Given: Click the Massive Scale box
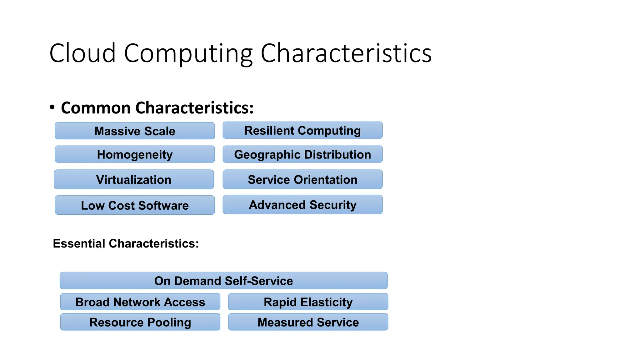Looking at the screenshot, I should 135,131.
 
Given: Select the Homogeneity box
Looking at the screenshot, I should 135,154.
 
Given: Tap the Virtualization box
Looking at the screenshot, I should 134,180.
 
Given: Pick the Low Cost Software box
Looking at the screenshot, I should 135,205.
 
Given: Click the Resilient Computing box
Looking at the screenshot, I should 302,130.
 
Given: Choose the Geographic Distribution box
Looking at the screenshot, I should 302,154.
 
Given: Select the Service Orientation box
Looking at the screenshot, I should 302,180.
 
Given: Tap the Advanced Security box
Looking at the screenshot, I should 302,205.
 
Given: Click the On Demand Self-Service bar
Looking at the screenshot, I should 223,281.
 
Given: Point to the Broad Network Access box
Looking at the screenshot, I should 140,302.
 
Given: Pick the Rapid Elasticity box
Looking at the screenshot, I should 308,302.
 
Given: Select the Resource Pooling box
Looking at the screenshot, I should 140,322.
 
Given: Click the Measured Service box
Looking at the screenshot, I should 308,322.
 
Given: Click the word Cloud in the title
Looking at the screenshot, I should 82,53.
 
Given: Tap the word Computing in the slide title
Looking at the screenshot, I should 188,53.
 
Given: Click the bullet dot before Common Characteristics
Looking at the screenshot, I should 52,107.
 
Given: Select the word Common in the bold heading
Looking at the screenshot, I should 96,108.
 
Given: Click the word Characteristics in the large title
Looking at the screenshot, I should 346,53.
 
